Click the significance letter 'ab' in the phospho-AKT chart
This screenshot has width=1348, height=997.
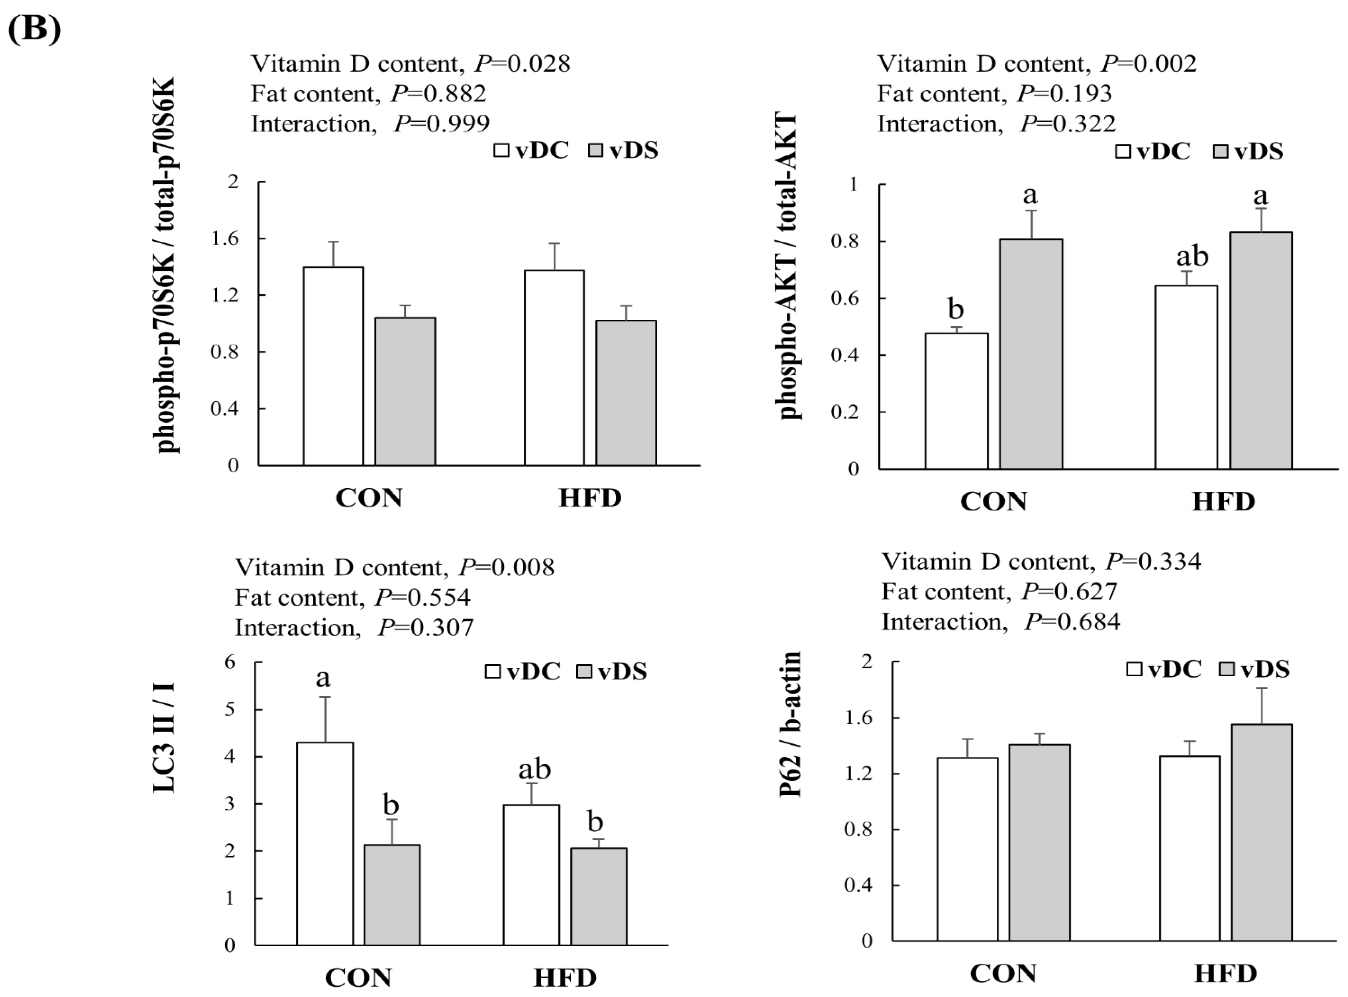(x=1192, y=256)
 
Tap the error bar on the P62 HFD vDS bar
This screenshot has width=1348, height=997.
(x=1261, y=706)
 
